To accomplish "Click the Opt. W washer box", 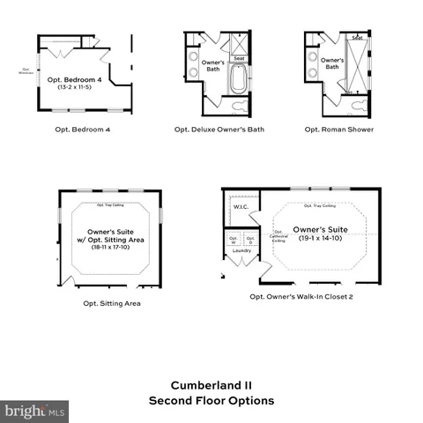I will coord(234,239).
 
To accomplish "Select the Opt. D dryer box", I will coord(250,239).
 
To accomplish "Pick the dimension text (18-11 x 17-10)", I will coord(110,248).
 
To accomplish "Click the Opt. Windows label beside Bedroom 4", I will coord(26,71).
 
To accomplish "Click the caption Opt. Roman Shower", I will coord(339,130).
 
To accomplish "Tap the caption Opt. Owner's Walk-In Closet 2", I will coord(301,297).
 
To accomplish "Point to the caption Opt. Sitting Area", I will coord(112,304).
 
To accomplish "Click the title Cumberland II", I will coord(211,384).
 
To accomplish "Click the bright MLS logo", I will coord(35,411).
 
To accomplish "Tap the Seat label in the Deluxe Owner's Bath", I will coord(239,59).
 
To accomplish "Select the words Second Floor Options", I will coord(211,400).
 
